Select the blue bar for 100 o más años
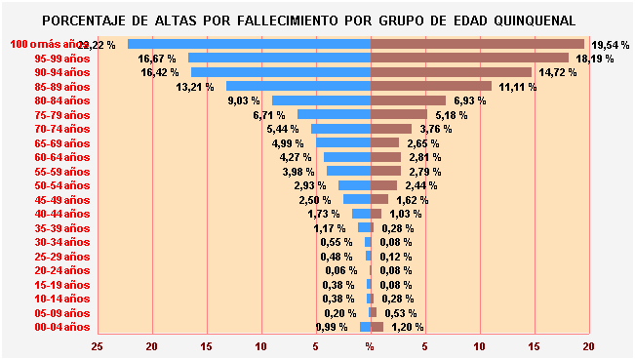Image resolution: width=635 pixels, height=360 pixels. tap(249, 44)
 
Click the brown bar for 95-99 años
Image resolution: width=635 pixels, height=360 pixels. tap(469, 58)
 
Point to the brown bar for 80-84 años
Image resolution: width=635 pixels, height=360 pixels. tap(408, 100)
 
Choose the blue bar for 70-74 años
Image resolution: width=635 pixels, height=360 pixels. tap(340, 129)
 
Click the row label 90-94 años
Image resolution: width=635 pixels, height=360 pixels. tap(61, 72)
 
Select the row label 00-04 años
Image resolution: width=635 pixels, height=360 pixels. tap(61, 327)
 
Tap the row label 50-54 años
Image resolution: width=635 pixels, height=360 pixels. tap(61, 185)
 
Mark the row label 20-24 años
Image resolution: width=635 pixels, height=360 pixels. tap(61, 270)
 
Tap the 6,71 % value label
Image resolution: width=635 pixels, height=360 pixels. tap(269, 115)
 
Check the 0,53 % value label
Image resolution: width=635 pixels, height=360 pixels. tap(401, 313)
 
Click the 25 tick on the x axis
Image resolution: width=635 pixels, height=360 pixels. tap(97, 346)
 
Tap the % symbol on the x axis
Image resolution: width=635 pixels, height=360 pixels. tap(370, 346)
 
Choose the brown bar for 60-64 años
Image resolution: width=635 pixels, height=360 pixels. tap(385, 157)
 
